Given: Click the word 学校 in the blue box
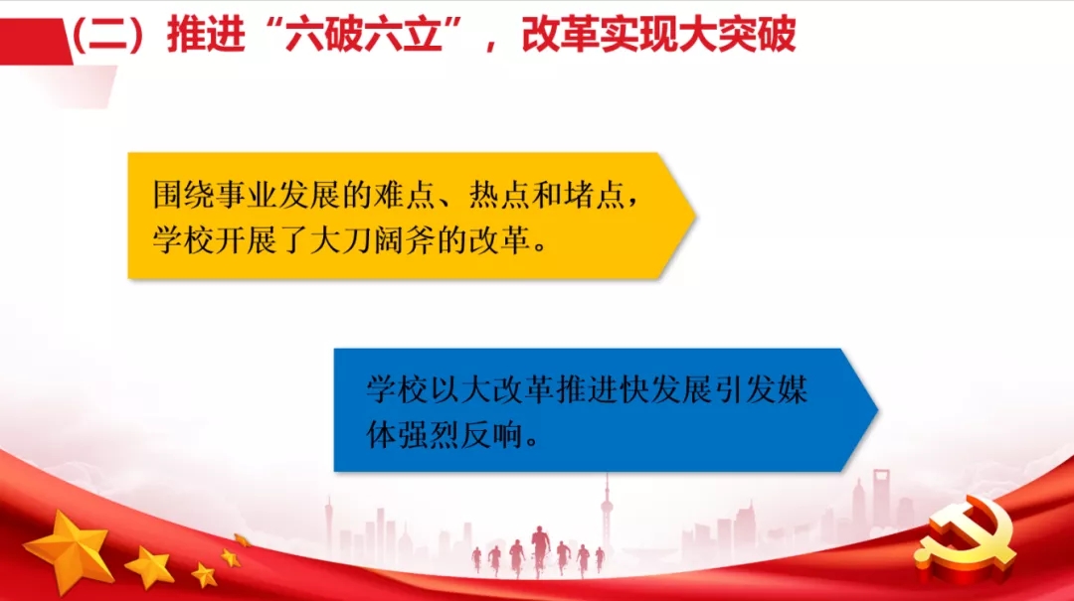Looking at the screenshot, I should click(393, 389).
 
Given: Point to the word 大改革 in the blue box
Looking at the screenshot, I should click(497, 389).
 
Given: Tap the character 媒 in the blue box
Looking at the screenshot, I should click(791, 389).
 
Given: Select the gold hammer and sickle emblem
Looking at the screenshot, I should click(964, 542).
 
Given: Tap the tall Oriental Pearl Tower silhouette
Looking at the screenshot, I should click(604, 517).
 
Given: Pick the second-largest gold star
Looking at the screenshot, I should click(150, 567).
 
